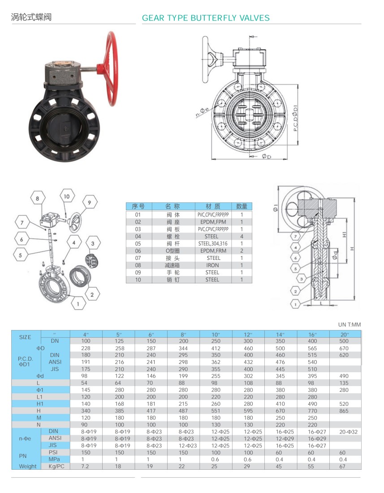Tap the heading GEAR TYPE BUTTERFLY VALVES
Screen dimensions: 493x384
[206, 18]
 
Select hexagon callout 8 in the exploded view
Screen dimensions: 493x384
[38, 198]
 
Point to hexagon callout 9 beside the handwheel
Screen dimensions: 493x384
[89, 203]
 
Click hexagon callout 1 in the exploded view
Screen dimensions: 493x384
[78, 304]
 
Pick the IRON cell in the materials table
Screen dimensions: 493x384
[213, 265]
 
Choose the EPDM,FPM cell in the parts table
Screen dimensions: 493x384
[213, 222]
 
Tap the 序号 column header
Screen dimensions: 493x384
[138, 206]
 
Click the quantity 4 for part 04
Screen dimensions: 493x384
[242, 236]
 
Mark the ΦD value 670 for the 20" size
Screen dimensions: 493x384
[344, 348]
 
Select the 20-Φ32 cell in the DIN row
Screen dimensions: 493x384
[344, 432]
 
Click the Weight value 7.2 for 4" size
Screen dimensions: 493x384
[86, 466]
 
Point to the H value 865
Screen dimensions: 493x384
[344, 411]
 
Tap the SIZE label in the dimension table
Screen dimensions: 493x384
[26, 337]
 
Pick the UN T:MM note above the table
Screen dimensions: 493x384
[349, 325]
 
